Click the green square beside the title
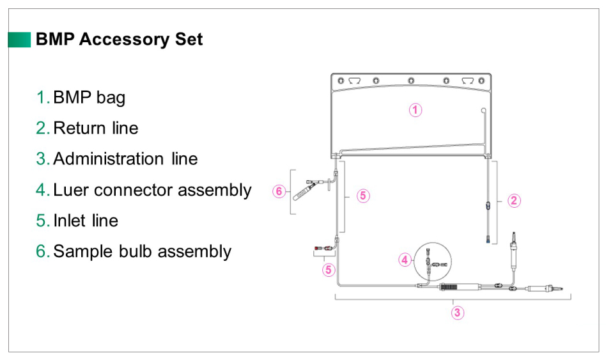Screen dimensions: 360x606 coord(19,40)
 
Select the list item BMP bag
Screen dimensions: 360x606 coord(89,98)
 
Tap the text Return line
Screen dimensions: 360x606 coord(95,128)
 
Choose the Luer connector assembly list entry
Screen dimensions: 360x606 coord(152,190)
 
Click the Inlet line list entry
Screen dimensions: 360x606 coord(86,221)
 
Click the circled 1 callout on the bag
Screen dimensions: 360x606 coord(416,110)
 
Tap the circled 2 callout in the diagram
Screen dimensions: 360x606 coord(515,201)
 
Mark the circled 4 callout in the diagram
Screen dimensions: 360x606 coord(405,260)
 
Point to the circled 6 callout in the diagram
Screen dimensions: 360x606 coord(278,191)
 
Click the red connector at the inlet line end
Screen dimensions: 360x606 coord(318,247)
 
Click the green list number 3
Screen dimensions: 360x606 coord(42,159)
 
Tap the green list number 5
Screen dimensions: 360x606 coord(42,221)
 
